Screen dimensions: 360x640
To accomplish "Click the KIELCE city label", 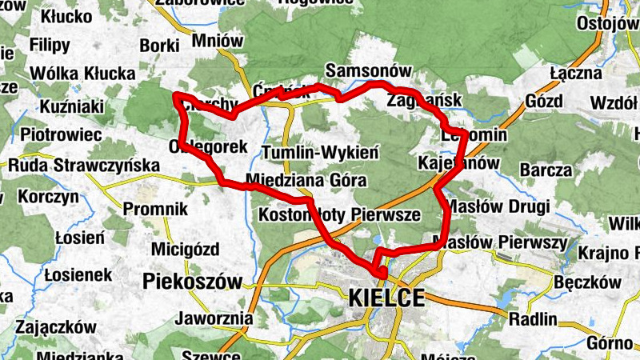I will click(386, 298).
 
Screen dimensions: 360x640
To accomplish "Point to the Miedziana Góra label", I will click(306, 180).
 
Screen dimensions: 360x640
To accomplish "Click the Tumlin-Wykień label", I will click(320, 152).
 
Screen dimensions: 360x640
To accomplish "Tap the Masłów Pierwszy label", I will click(499, 242).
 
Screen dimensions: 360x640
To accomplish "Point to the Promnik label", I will click(155, 210).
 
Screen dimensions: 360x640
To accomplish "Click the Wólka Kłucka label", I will click(82, 74).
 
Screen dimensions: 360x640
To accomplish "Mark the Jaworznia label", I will click(217, 319).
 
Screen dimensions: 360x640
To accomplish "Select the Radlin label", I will click(533, 318).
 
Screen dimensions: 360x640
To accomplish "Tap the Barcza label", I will click(546, 170).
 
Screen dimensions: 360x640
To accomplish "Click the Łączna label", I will click(576, 74).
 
